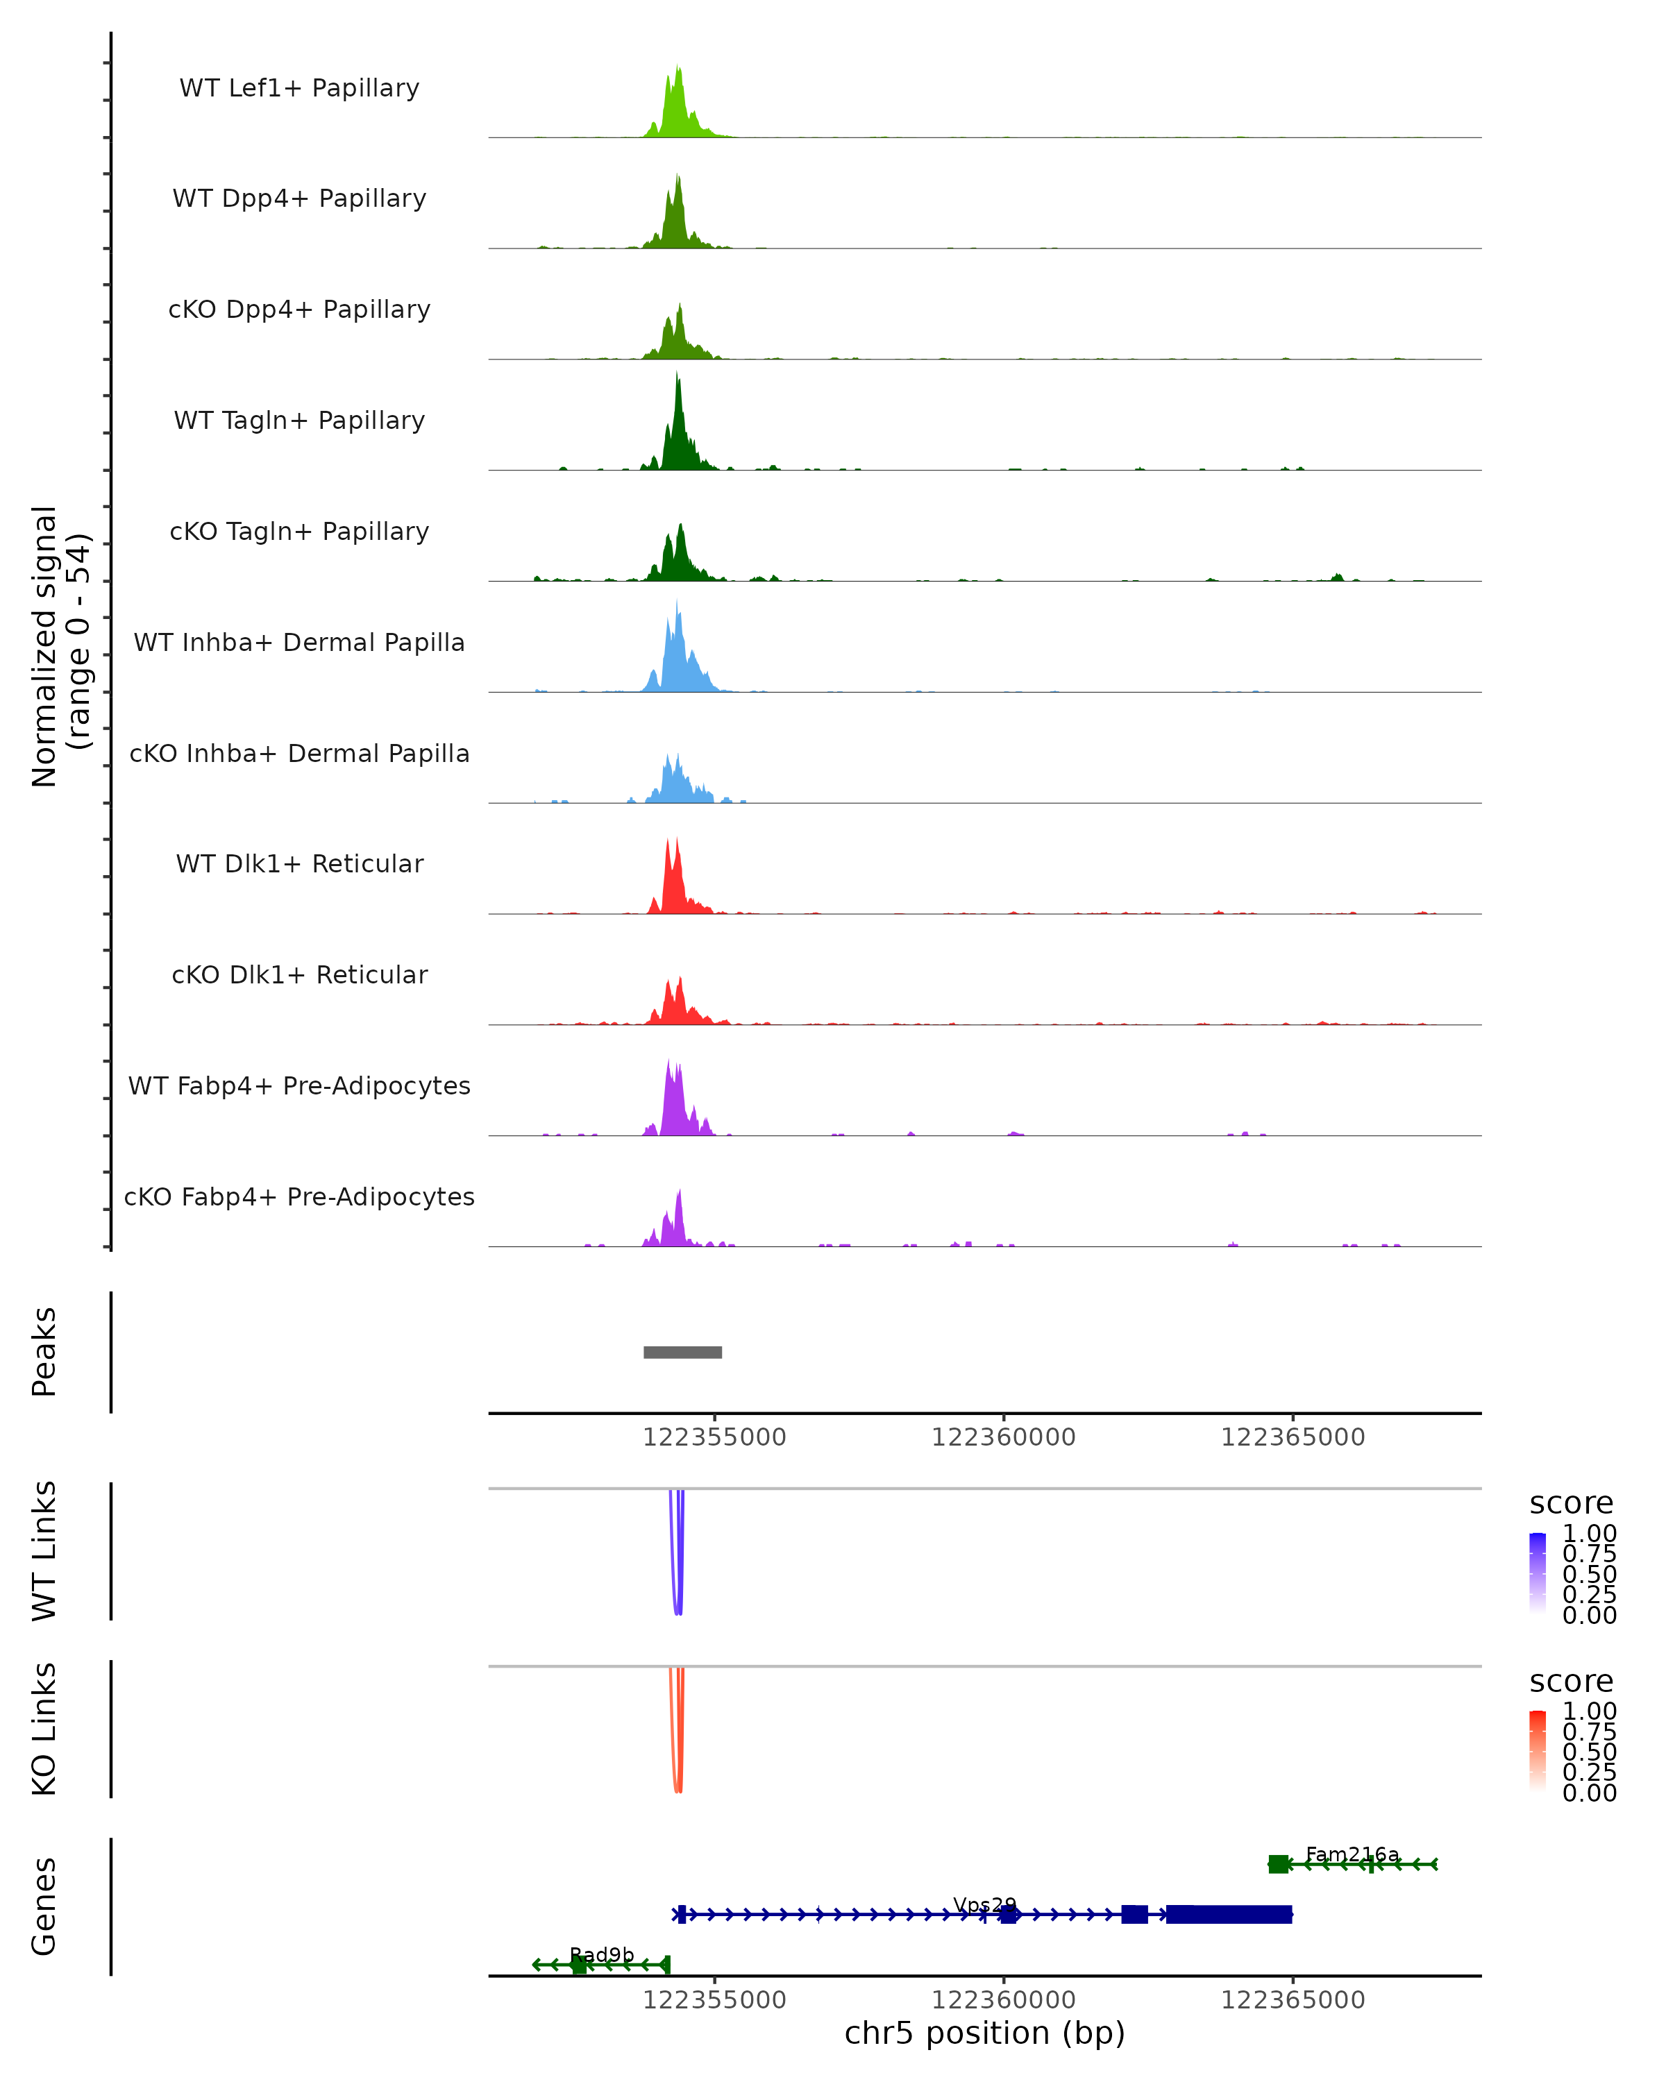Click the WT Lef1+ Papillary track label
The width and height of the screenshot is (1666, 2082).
coord(299,89)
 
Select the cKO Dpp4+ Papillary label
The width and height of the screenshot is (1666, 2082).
coord(299,310)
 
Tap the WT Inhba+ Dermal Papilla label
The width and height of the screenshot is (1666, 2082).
coord(299,643)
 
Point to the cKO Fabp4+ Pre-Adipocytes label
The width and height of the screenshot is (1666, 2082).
coord(299,1197)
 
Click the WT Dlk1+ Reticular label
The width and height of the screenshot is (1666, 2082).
coord(299,864)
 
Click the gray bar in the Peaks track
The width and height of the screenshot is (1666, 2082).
coord(683,1352)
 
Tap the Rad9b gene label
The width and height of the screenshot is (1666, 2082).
coord(602,1954)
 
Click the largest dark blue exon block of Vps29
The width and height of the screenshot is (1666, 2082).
coord(1229,1914)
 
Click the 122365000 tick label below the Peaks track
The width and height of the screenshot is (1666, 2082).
coord(1293,1437)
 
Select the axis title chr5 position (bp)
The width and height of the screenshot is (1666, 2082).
coord(984,2033)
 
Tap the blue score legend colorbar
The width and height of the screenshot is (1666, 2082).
coord(1538,1573)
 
